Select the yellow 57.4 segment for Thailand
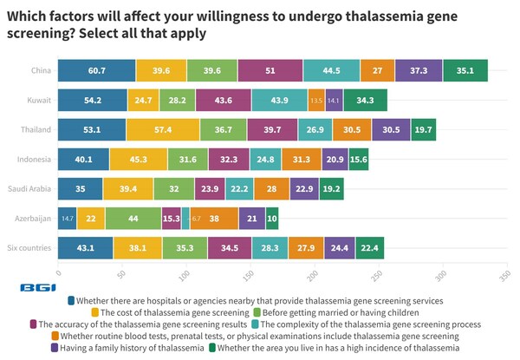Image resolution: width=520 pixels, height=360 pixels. click(x=162, y=130)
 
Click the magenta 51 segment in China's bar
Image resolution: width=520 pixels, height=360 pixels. click(x=271, y=71)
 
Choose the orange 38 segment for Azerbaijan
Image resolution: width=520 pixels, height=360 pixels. click(x=213, y=219)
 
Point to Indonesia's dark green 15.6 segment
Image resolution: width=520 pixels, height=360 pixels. click(x=358, y=160)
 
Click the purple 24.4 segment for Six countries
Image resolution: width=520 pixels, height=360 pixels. click(x=339, y=248)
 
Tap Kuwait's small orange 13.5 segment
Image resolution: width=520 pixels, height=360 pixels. click(x=315, y=101)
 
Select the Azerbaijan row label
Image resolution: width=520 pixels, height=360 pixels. click(x=32, y=219)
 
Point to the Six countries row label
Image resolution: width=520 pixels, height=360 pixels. click(x=30, y=248)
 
